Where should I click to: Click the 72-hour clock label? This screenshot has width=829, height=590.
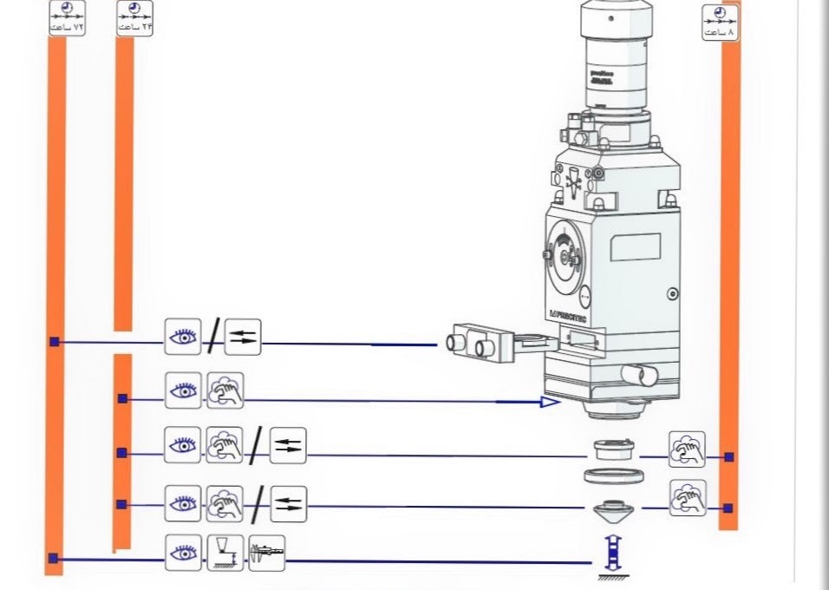coord(67,18)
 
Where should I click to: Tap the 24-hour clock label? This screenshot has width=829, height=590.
coord(134,18)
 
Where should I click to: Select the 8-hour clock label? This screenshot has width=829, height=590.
coord(720,22)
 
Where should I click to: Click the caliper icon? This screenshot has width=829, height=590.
coord(266,553)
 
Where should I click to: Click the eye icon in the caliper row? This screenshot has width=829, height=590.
coord(183,553)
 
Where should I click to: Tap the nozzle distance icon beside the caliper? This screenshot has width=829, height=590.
coord(225,553)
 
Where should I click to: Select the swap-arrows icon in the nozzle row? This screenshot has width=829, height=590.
coord(288,504)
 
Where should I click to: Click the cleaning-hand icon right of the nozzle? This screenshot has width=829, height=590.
coord(687,498)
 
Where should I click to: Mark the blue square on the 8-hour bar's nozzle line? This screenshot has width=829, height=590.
coord(728,508)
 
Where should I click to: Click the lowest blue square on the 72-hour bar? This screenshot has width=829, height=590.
coord(54,559)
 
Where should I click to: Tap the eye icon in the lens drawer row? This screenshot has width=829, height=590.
coord(183,337)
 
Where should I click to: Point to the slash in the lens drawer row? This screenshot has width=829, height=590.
coord(212,337)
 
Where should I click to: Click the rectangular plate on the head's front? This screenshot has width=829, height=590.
coord(635,247)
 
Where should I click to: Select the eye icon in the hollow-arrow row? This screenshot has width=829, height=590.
coord(183,390)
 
